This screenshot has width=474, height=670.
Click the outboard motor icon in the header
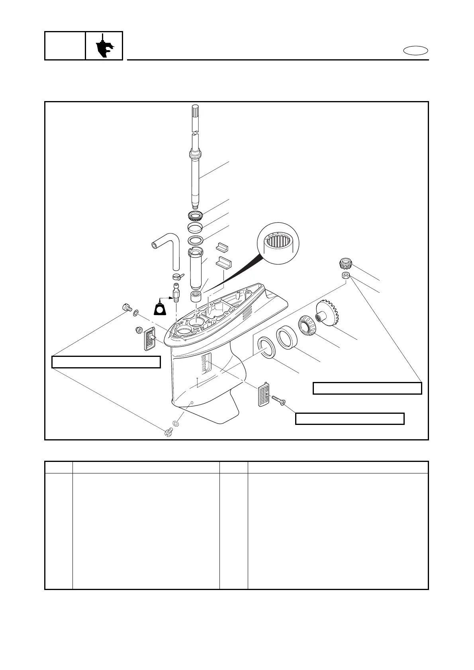(104, 46)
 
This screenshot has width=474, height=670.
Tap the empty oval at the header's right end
(415, 51)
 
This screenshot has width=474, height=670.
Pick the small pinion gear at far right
(345, 263)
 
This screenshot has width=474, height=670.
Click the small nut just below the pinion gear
(346, 276)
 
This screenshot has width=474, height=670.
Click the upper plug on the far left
(126, 308)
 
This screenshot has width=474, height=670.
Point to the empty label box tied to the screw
(349, 419)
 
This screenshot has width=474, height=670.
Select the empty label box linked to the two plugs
(106, 362)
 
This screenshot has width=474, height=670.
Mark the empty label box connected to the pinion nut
(367, 388)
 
